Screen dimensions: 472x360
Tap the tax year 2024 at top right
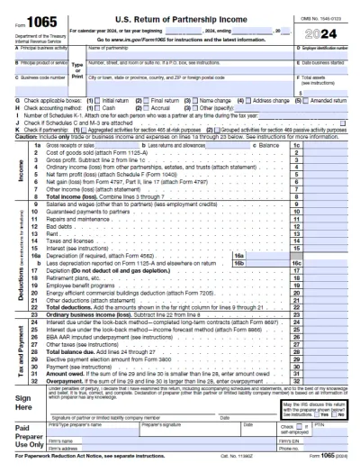(x=330, y=32)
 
